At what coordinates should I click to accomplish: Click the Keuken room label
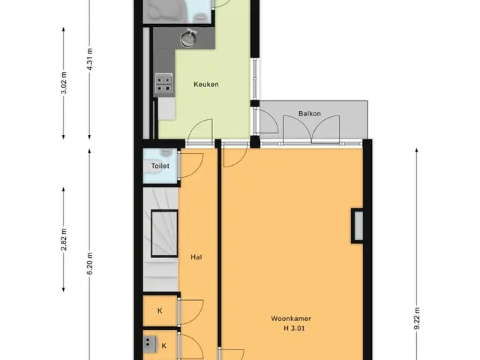pos(206,84)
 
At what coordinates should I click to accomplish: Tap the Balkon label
pos(310,113)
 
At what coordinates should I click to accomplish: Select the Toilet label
pos(160,166)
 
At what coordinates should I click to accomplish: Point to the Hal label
pos(196,257)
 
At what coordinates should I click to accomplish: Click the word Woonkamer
pos(291,318)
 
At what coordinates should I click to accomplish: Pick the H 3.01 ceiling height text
pos(294,328)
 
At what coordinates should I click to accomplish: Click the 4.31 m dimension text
pos(90,59)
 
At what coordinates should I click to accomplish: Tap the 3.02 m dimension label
pos(64,83)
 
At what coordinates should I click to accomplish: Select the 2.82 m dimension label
pos(64,239)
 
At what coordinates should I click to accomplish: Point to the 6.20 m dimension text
pos(90,264)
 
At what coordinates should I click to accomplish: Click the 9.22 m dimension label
pos(417,319)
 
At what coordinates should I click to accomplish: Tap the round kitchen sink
pos(188,38)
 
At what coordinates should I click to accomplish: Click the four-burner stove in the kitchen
pos(163,83)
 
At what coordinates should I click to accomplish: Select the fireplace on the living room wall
pos(357,226)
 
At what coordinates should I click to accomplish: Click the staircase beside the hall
pos(160,239)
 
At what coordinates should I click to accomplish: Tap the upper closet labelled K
pos(160,310)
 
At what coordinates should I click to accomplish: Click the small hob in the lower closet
pos(150,343)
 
